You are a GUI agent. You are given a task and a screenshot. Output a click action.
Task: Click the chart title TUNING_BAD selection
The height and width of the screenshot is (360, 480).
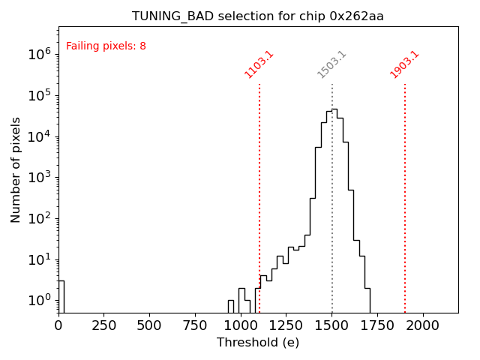[258, 16]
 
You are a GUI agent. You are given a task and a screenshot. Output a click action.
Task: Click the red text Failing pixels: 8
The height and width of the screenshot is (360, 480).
[106, 46]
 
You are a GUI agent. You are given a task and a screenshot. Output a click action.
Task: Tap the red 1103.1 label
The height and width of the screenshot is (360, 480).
[259, 64]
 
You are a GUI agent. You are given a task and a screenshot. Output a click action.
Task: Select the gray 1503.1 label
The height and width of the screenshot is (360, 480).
[331, 64]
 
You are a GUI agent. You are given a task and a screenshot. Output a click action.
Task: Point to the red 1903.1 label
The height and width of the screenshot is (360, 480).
[404, 64]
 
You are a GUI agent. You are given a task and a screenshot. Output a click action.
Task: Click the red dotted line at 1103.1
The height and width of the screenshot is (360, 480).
[259, 187]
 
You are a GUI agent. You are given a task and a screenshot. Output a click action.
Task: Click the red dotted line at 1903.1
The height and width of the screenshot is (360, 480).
[405, 187]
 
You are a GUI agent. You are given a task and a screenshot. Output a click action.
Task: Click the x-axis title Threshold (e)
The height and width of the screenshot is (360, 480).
[258, 343]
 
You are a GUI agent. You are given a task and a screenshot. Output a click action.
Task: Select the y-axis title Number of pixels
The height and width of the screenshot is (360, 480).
[16, 169]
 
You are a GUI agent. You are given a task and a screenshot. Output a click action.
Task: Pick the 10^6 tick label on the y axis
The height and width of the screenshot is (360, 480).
[39, 54]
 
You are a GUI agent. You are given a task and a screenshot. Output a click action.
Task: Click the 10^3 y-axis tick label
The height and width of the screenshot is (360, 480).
[39, 178]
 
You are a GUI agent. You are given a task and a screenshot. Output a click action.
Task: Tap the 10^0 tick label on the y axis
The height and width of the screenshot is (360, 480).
[39, 301]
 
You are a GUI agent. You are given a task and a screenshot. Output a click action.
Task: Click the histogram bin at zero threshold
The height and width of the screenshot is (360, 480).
[61, 296]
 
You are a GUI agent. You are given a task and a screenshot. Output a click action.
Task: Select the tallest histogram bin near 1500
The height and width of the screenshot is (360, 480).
[334, 210]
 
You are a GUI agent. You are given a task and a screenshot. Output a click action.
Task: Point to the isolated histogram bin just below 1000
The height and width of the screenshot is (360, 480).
[231, 306]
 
